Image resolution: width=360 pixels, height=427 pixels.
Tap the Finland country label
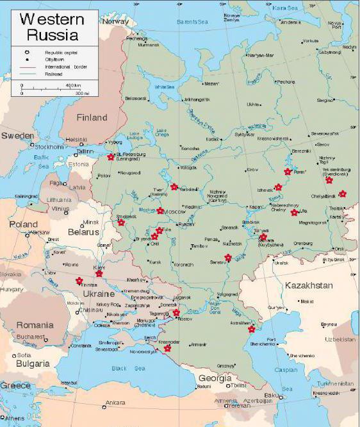click(92, 117)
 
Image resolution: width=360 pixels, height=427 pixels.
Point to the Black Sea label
click(128, 368)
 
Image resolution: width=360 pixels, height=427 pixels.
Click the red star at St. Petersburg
click(111, 157)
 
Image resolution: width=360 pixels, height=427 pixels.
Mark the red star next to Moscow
click(160, 211)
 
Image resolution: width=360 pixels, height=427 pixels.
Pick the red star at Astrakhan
click(251, 330)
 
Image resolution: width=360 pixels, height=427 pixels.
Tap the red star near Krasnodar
click(167, 349)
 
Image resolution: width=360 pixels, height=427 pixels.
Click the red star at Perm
click(288, 172)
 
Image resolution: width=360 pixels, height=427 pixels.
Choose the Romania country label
click(35, 324)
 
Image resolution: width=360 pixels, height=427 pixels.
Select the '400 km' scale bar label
click(73, 85)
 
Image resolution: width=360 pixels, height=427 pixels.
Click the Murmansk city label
click(149, 45)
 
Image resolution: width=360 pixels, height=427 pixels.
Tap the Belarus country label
click(84, 231)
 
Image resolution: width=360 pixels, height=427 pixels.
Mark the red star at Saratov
click(228, 258)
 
